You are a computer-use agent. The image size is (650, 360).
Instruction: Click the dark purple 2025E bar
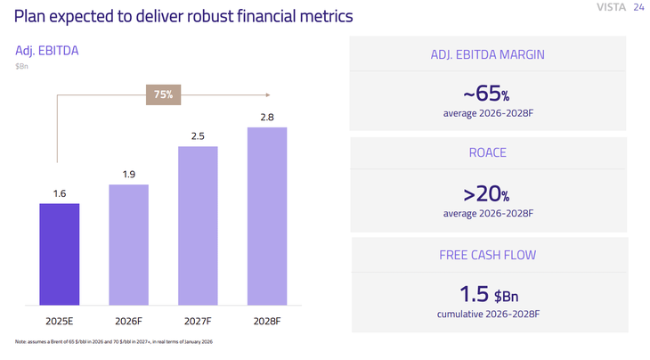[60, 254]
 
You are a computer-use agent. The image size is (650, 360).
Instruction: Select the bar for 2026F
[129, 245]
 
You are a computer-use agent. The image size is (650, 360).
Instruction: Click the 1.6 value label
[60, 193]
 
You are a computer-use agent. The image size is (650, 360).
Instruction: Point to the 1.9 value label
[129, 175]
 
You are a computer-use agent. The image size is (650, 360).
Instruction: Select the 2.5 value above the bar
[198, 136]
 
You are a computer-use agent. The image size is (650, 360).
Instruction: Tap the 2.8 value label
[267, 118]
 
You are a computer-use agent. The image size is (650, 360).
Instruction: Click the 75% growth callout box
[163, 94]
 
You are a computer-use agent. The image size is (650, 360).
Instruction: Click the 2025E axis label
[60, 321]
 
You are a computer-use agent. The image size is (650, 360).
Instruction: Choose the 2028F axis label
[267, 321]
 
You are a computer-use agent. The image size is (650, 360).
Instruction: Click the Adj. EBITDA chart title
[47, 51]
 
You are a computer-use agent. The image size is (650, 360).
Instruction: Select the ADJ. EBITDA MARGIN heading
[487, 55]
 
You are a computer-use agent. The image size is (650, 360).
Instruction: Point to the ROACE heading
[487, 153]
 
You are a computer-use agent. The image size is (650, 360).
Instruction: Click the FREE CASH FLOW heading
[487, 255]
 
